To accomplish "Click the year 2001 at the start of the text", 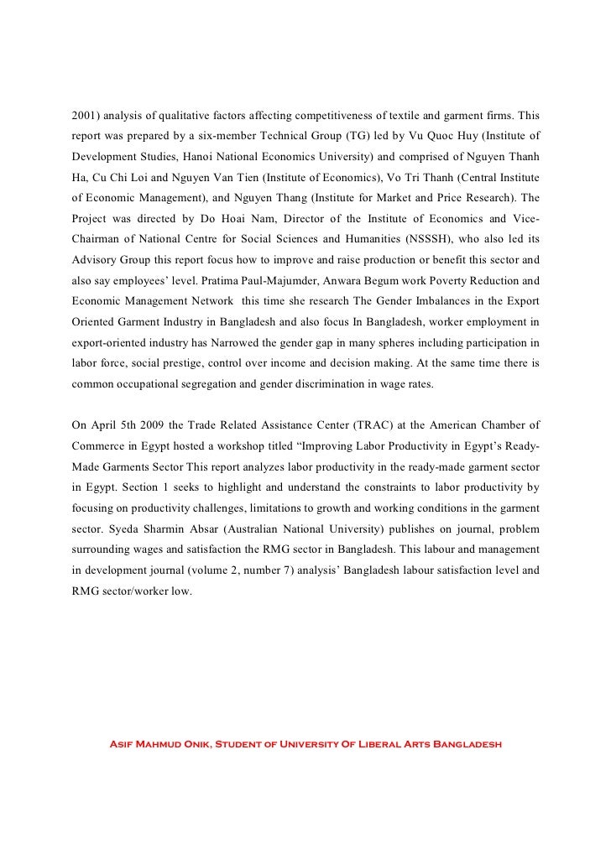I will [x=84, y=112].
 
